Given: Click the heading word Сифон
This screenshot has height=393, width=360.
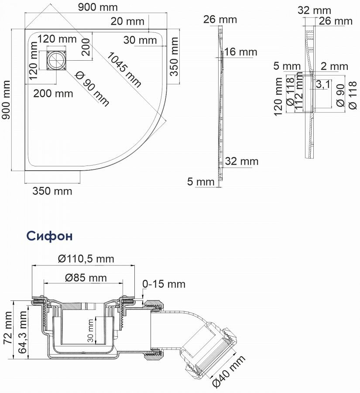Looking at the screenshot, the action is click(49, 235).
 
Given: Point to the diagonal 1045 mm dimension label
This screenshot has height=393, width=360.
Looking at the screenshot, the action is click(123, 69).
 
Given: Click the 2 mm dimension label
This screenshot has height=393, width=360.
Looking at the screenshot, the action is click(334, 66).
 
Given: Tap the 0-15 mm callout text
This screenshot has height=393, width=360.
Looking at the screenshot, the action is click(164, 284).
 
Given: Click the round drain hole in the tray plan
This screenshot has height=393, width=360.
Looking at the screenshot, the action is click(56, 60).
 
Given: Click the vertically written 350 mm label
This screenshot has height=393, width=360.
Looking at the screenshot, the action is click(174, 55).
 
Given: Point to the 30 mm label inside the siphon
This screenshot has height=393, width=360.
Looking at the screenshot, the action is click(91, 331).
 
